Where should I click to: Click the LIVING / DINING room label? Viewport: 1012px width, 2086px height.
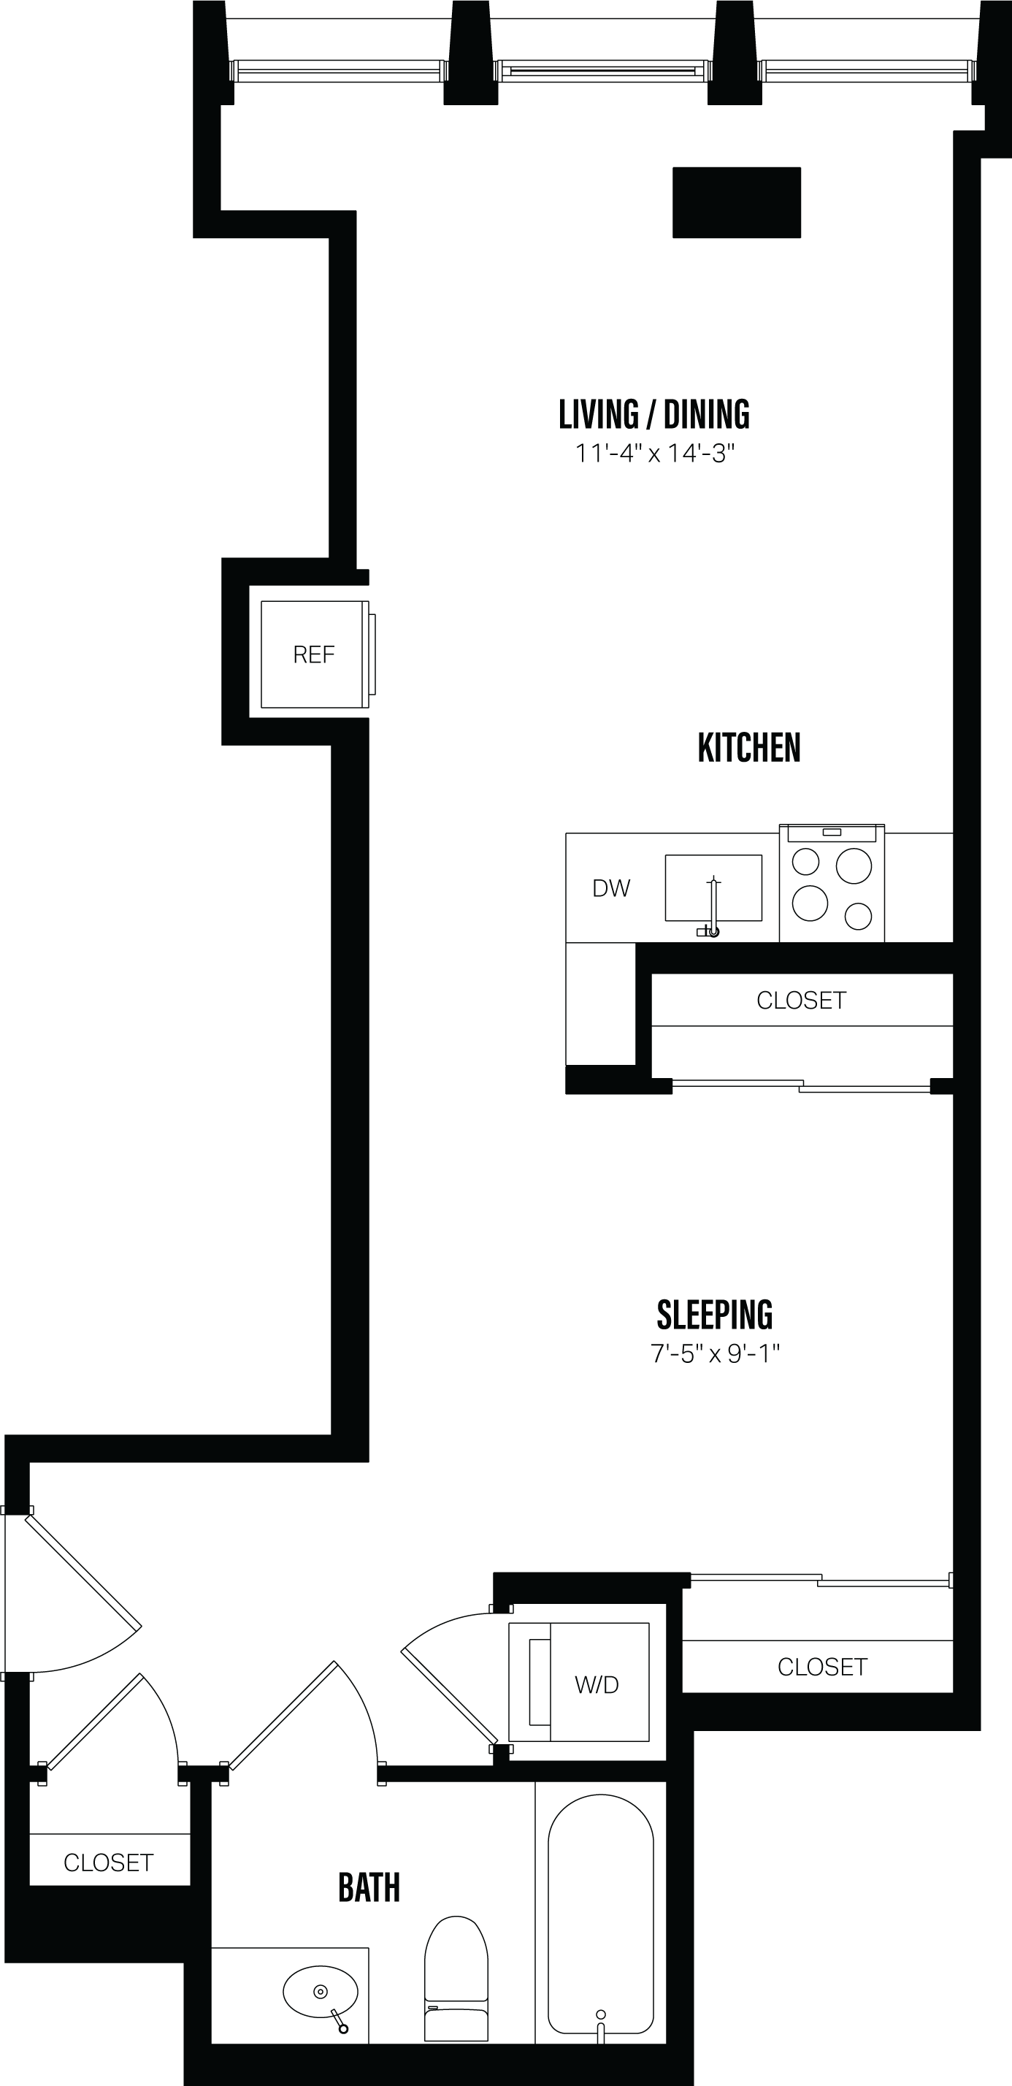(x=654, y=415)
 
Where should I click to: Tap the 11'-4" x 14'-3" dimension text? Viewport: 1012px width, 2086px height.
(x=654, y=454)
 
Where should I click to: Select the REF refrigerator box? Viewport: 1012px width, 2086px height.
(x=314, y=654)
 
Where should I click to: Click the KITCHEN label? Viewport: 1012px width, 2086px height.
(x=749, y=747)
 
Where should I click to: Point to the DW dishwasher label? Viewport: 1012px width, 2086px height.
(x=611, y=888)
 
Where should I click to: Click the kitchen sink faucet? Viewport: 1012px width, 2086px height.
(x=713, y=907)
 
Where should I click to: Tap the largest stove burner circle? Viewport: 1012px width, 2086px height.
(x=854, y=866)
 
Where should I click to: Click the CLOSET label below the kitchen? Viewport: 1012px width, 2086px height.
(x=802, y=1001)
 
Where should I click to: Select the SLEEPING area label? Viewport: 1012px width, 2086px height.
(x=714, y=1315)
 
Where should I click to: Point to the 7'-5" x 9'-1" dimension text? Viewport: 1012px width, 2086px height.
(x=714, y=1354)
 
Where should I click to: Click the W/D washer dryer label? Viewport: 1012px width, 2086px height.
(x=597, y=1685)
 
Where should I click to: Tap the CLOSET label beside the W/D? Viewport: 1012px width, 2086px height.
(x=821, y=1667)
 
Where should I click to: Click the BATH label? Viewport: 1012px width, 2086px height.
(x=369, y=1887)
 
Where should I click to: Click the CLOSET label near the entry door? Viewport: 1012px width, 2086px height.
(x=109, y=1862)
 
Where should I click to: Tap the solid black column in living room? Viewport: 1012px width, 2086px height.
(x=737, y=202)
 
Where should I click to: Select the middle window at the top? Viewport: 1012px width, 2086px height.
(x=603, y=72)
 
